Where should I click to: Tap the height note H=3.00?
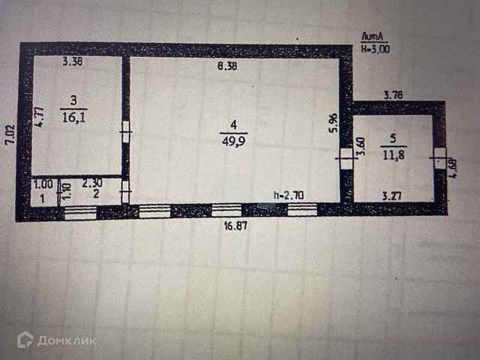(375, 49)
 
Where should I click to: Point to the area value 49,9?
(233, 136)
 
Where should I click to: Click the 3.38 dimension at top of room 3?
(73, 62)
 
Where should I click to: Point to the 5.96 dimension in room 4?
(334, 123)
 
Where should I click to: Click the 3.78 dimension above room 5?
(394, 95)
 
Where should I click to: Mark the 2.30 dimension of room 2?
(91, 182)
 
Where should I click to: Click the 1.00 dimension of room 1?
(43, 182)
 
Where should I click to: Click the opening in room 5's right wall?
(439, 163)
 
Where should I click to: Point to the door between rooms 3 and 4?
(126, 138)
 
